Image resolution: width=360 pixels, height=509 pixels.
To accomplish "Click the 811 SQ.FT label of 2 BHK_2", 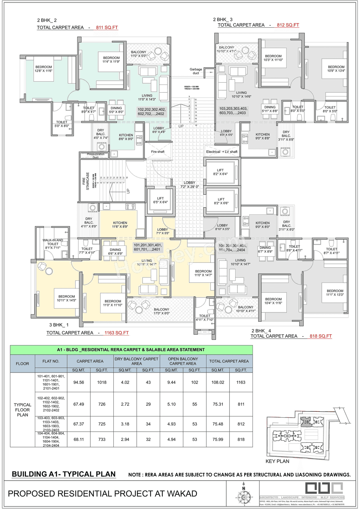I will tap(107, 28).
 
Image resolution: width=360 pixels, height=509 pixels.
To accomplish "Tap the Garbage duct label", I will tap(196, 71).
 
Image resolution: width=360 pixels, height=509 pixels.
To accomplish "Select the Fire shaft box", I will tap(158, 152).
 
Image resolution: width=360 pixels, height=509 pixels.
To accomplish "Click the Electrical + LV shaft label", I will tap(222, 152).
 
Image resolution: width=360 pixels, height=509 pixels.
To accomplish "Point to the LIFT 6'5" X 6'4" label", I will tap(160, 200).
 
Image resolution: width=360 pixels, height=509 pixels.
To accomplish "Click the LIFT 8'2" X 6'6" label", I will tap(221, 201).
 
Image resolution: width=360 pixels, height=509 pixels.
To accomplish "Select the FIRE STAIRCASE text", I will tap(86, 181).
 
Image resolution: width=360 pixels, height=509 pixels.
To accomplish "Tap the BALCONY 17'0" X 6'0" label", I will tap(161, 311).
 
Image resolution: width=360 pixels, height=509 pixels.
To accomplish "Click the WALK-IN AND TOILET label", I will tap(53, 244).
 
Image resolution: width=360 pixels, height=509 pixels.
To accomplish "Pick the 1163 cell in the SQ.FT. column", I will tap(241, 382).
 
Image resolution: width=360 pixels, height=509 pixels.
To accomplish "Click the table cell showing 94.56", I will tap(79, 382).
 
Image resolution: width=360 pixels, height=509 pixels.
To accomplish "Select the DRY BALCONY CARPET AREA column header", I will tap(136, 361).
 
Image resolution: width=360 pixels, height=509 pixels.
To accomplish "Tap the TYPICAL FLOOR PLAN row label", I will tap(22, 410).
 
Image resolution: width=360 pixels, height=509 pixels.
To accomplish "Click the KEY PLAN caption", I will tap(277, 461).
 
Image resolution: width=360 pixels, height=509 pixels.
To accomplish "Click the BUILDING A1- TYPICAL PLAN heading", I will tap(64, 474).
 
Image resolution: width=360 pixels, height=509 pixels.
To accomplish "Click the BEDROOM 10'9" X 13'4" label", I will tap(336, 69).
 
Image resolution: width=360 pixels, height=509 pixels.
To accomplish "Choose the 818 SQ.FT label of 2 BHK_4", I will tap(321, 336).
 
